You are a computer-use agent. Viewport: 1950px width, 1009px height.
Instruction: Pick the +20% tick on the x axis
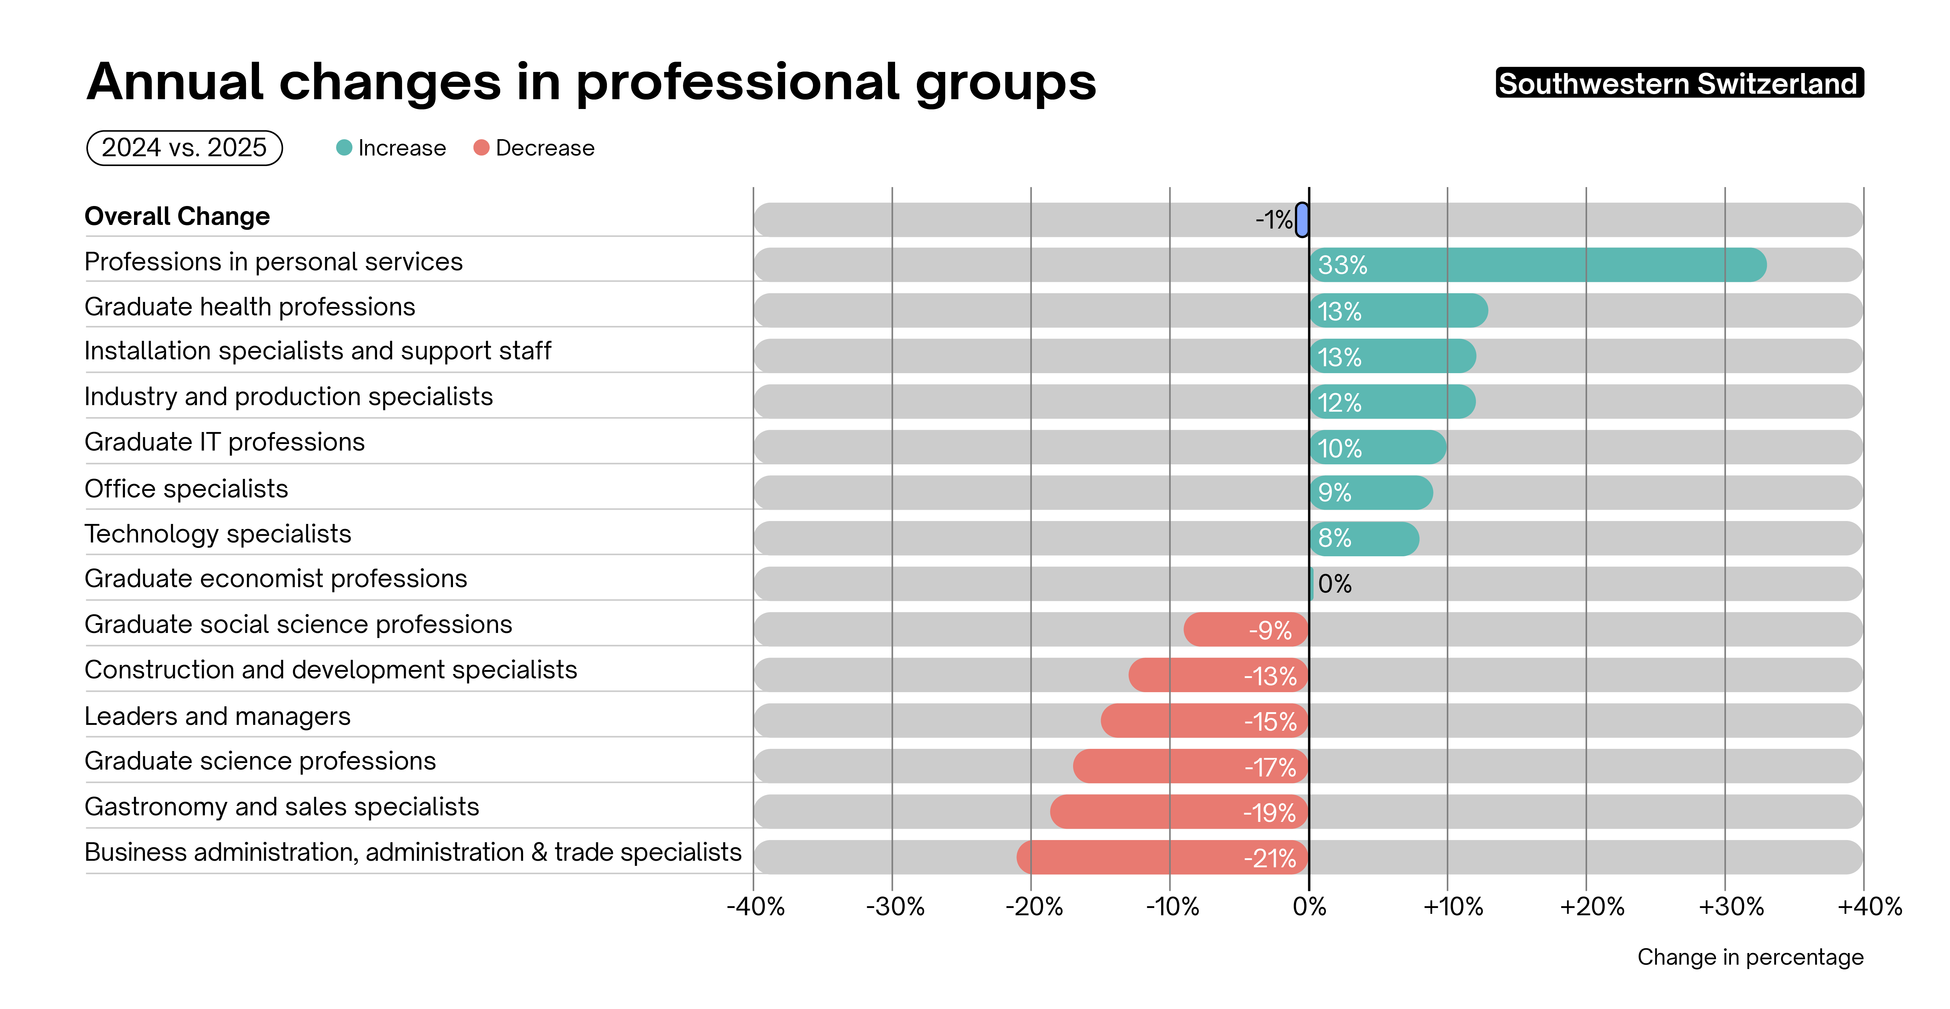pyautogui.click(x=1592, y=906)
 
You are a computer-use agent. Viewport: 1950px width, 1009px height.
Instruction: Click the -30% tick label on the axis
pyautogui.click(x=895, y=906)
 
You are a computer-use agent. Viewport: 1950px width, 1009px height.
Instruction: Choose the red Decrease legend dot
pyautogui.click(x=481, y=148)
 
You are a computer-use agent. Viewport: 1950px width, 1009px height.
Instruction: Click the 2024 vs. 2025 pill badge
pyautogui.click(x=185, y=148)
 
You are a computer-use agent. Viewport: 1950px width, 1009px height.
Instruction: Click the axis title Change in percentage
pyautogui.click(x=1749, y=957)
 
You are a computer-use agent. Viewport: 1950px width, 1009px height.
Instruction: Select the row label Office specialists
pyautogui.click(x=186, y=489)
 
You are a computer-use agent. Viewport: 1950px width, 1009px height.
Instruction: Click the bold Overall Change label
pyautogui.click(x=177, y=217)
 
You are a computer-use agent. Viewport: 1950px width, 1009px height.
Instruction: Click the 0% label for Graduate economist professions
pyautogui.click(x=1335, y=584)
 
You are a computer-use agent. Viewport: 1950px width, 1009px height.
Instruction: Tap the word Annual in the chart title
pyautogui.click(x=175, y=82)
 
